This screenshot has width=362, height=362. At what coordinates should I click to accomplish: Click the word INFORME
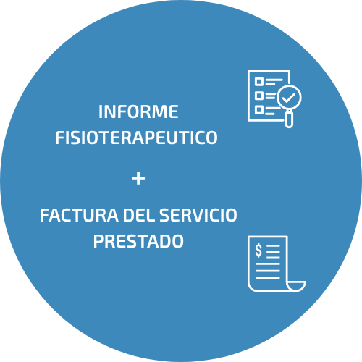(x=138, y=111)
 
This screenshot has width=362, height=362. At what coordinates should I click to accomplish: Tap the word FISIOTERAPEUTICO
(x=136, y=138)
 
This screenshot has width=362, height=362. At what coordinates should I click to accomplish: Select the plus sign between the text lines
(x=138, y=179)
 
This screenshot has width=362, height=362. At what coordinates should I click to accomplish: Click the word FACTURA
(x=79, y=215)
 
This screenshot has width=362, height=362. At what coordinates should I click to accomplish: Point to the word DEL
(x=138, y=215)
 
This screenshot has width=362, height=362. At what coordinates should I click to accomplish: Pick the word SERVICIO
(x=198, y=215)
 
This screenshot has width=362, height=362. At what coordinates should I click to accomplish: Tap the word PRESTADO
(x=138, y=241)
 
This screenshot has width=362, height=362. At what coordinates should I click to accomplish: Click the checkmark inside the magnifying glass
(x=289, y=98)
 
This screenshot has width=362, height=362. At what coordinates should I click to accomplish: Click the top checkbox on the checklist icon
(x=259, y=82)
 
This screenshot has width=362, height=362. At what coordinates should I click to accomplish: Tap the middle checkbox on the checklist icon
(x=259, y=96)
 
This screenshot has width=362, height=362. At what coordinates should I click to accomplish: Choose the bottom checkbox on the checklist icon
(x=259, y=110)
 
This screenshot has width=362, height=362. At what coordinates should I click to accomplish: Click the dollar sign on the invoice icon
(x=258, y=250)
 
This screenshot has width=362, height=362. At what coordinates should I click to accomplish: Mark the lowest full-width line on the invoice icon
(x=267, y=278)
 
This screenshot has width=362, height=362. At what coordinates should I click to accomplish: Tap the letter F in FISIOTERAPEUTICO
(x=59, y=138)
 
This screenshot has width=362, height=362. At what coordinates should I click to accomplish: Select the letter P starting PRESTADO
(x=98, y=241)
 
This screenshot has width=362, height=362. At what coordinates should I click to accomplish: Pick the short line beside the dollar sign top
(x=273, y=245)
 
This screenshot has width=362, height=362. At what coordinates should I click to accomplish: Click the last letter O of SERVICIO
(x=232, y=215)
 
